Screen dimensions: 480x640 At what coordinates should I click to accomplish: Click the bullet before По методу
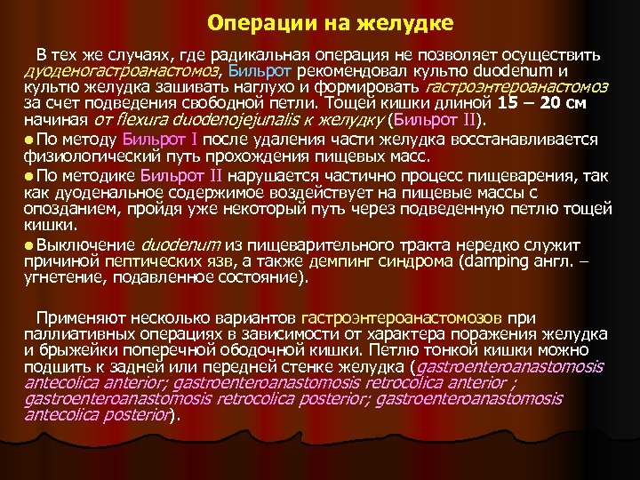(30, 139)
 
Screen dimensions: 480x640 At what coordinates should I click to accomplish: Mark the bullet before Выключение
(30, 244)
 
